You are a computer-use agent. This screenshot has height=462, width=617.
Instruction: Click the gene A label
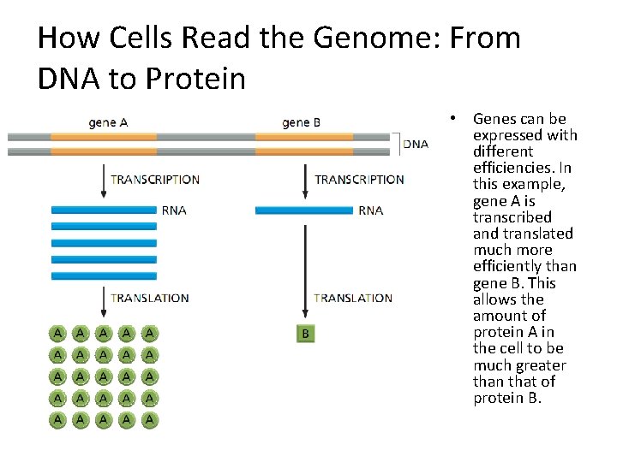(x=108, y=122)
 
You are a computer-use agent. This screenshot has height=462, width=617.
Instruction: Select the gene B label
(x=301, y=122)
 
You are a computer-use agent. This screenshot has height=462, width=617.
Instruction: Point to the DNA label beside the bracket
(x=416, y=145)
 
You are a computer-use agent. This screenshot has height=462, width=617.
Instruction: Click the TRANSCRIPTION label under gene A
(x=155, y=180)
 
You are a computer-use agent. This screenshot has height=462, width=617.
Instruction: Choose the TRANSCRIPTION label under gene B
(x=359, y=180)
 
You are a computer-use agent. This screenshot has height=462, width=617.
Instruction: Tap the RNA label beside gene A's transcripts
(x=174, y=210)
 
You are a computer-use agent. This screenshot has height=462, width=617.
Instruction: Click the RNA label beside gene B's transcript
(x=371, y=210)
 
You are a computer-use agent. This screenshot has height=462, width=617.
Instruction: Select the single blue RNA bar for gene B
(x=304, y=210)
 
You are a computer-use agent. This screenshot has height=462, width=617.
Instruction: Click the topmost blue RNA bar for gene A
(x=104, y=210)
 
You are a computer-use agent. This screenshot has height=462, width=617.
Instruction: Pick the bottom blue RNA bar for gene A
(x=104, y=275)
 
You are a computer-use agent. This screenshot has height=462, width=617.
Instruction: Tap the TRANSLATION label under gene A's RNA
(x=150, y=298)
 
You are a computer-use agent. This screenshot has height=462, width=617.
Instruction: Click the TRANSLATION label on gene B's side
(x=353, y=298)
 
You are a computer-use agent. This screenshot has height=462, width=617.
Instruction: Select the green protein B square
(x=304, y=334)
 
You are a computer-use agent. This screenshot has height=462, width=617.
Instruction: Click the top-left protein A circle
(x=57, y=332)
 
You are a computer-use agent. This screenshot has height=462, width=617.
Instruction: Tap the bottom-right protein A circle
(x=150, y=419)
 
